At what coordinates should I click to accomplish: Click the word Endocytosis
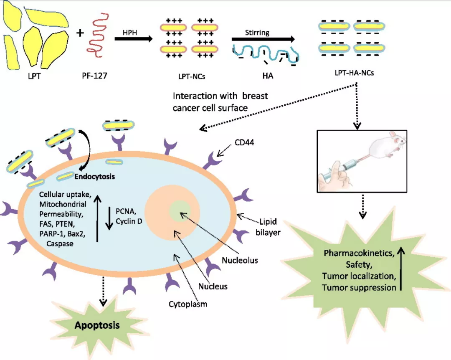tap(94, 177)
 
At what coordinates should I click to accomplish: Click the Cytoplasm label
tap(188, 304)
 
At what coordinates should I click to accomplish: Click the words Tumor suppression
tap(359, 287)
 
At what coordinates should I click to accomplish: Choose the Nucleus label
tap(213, 286)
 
